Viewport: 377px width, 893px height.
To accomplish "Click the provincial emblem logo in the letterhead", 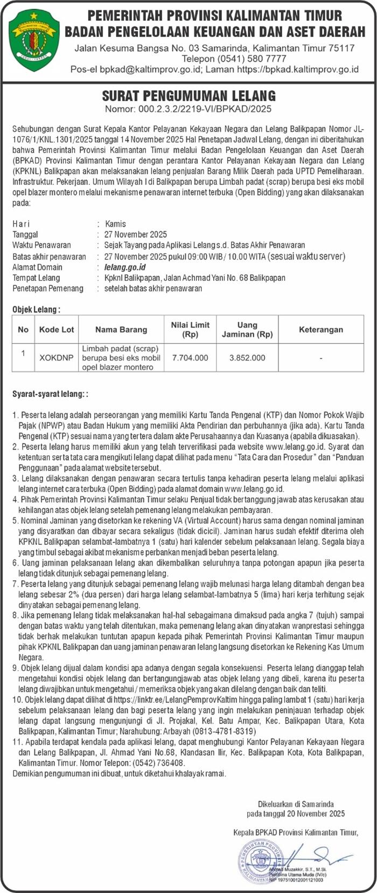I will [x=34, y=39].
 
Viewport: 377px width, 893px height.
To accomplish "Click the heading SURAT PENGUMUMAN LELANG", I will [x=188, y=96].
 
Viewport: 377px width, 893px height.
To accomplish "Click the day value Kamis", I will [x=116, y=224].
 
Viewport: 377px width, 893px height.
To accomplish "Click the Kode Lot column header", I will [x=57, y=329].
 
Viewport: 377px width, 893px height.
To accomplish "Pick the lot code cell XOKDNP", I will [x=57, y=357].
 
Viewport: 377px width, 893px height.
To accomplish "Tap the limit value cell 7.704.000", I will [x=190, y=357].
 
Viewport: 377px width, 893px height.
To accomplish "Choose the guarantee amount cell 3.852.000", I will [x=247, y=357].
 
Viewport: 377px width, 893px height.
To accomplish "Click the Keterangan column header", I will [x=320, y=329].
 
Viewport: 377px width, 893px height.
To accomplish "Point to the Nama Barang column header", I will [x=121, y=329].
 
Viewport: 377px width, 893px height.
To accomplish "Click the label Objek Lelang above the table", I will [x=36, y=310].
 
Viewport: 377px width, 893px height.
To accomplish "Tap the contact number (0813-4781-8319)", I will [x=225, y=731].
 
